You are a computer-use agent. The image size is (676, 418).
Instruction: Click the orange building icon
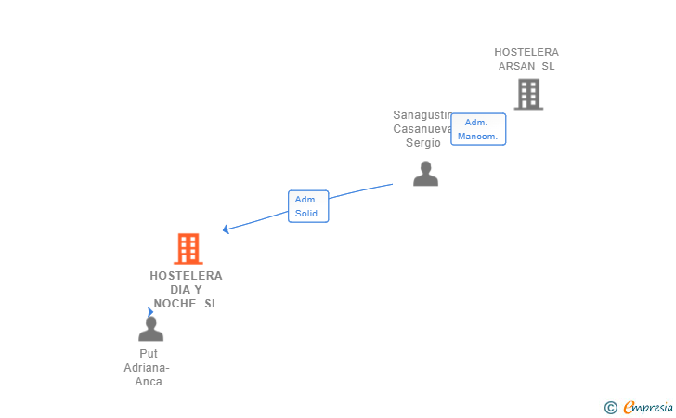(188, 249)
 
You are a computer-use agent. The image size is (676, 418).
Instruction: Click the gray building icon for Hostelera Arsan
(527, 94)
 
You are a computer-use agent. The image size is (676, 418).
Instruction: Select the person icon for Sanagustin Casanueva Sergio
(425, 174)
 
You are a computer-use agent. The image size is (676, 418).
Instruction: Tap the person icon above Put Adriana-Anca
(150, 329)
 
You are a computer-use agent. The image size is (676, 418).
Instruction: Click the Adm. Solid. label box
(307, 206)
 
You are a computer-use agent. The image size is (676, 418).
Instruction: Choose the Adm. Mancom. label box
(477, 129)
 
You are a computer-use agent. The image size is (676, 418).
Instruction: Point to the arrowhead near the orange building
(226, 229)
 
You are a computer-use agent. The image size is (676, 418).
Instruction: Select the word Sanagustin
(422, 115)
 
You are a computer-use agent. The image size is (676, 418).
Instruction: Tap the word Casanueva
(422, 129)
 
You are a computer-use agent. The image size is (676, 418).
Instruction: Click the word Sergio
(423, 143)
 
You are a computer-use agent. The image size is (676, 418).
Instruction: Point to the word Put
(149, 354)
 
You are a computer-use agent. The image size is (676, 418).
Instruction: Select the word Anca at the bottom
(149, 382)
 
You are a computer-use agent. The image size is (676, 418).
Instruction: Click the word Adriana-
(149, 368)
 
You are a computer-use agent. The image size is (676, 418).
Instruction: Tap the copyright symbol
(610, 407)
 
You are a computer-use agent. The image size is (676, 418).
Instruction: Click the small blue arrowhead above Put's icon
(149, 312)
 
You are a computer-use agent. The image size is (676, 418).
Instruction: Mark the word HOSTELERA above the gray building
(526, 52)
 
